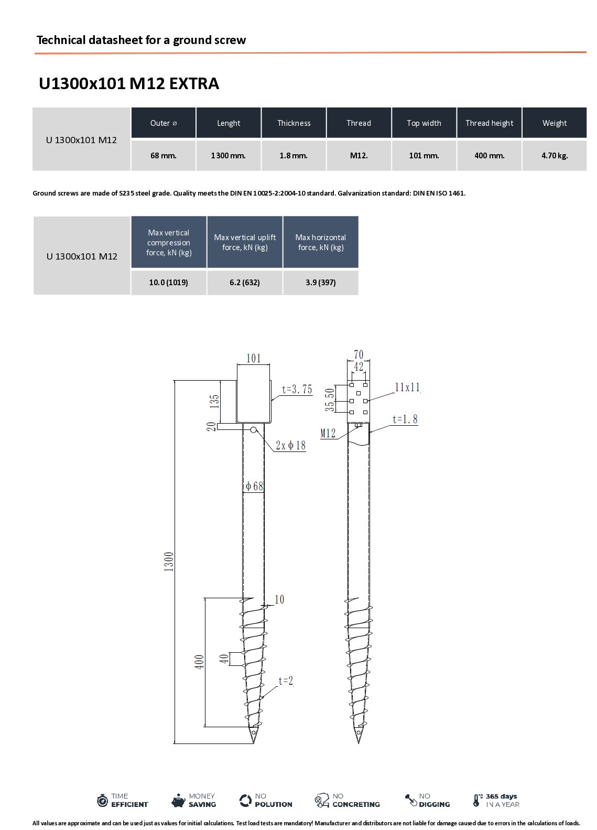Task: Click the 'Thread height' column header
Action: [489, 123]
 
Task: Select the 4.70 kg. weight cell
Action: [555, 156]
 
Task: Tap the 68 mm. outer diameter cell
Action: [164, 156]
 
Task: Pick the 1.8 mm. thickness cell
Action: [294, 156]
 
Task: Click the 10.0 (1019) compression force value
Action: [168, 283]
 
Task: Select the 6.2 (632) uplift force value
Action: [245, 283]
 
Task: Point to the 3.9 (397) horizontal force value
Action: [321, 283]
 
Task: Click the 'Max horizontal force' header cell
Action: [321, 242]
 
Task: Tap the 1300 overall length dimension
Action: [169, 562]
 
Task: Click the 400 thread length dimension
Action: [200, 662]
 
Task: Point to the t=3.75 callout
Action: [297, 389]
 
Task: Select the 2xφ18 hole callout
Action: [291, 446]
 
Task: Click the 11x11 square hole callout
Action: [407, 387]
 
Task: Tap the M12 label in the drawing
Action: [328, 433]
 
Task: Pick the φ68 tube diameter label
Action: [254, 486]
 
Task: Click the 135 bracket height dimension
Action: [214, 401]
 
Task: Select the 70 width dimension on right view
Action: [359, 355]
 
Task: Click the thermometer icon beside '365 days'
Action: [477, 800]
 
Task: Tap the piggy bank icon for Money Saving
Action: [179, 800]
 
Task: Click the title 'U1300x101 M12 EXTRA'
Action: [129, 84]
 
